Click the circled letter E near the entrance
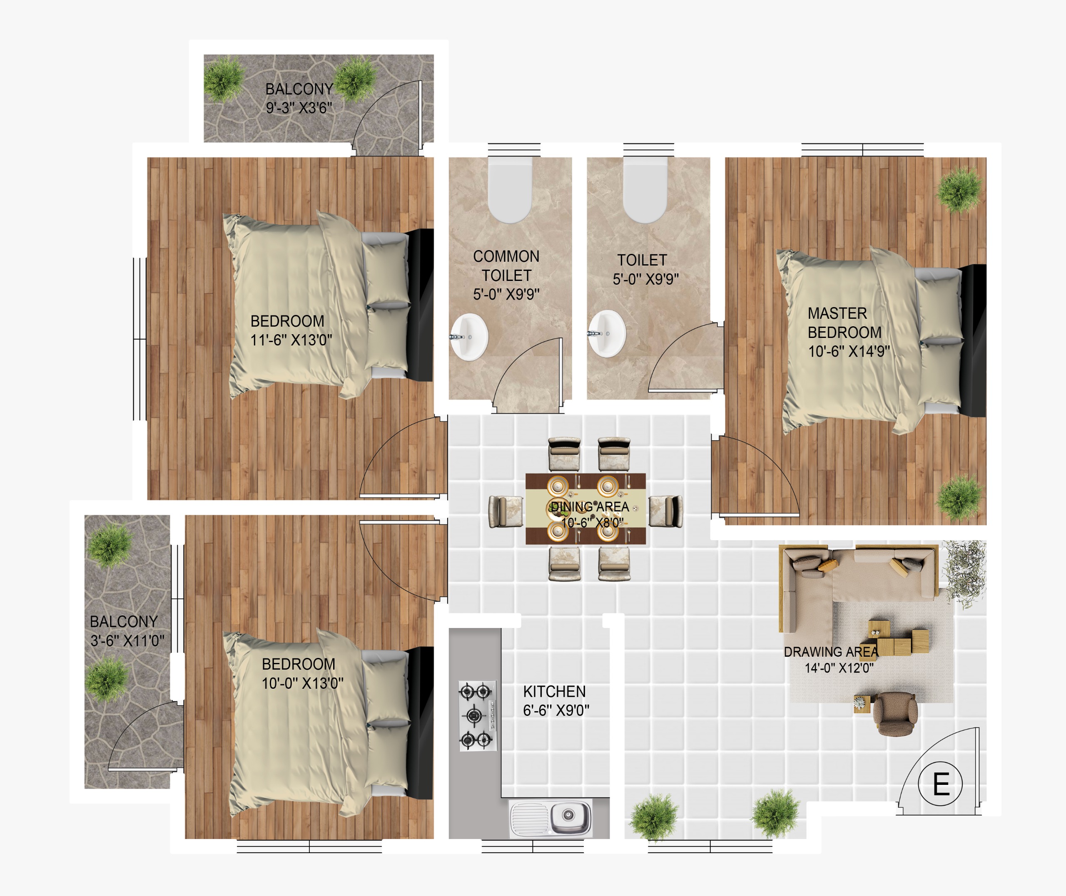[941, 784]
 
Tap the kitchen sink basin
[570, 817]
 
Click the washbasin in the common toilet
[469, 337]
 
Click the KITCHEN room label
[554, 691]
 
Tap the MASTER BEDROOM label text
[844, 323]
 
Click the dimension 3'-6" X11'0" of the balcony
[127, 640]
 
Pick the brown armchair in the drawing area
[895, 714]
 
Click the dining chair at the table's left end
[506, 511]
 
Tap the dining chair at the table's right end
[665, 511]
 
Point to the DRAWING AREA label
[831, 652]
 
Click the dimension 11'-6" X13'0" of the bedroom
[291, 340]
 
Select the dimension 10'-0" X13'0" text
[302, 683]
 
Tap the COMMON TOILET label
[506, 266]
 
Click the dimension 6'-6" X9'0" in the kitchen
[556, 710]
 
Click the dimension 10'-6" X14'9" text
[849, 351]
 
